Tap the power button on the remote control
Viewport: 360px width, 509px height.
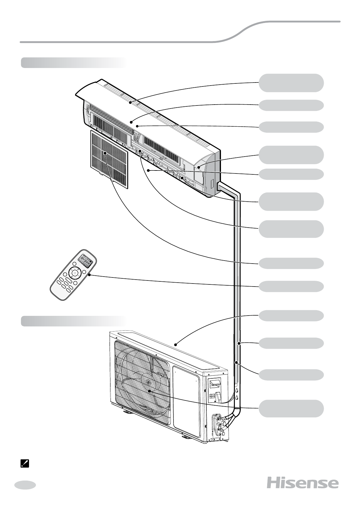75,273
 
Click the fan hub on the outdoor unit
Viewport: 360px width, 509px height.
148,382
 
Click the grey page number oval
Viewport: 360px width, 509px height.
25,485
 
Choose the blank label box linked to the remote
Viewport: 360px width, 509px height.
291,286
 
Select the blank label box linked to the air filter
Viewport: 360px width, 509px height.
291,263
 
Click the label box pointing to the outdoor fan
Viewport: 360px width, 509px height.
291,408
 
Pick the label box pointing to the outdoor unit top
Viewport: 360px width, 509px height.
291,316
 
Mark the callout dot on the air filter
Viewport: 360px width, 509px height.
105,153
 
